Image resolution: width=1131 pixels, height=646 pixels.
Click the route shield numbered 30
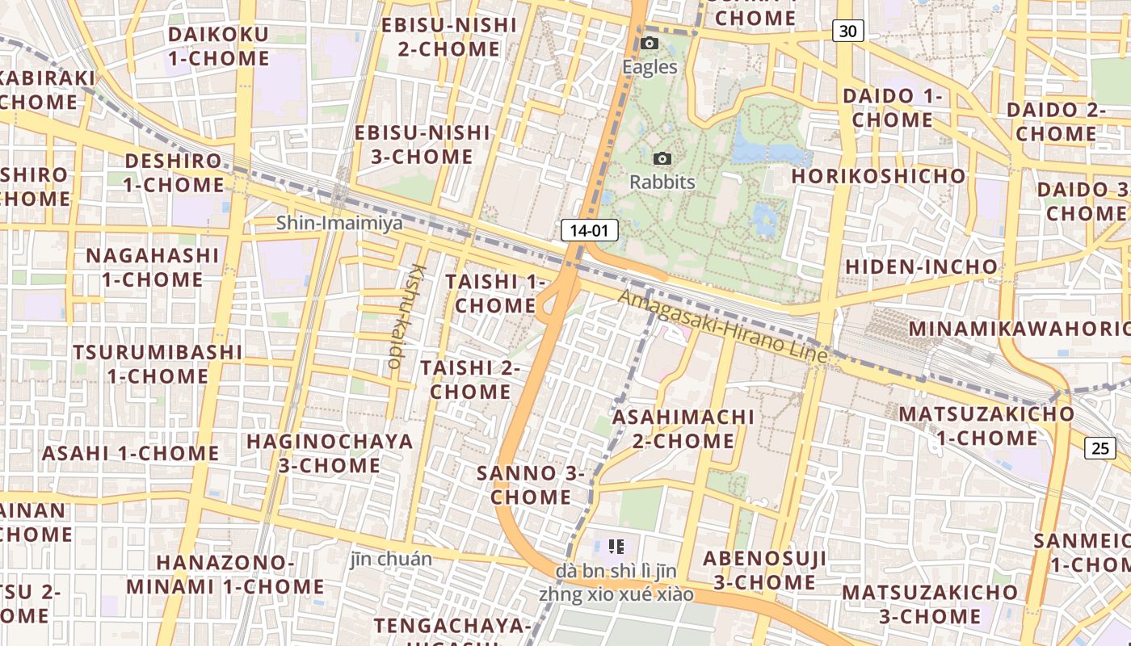(x=847, y=31)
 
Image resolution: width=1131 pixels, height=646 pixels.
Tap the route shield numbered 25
(x=1100, y=448)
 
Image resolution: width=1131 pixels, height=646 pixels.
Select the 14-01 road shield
(x=589, y=231)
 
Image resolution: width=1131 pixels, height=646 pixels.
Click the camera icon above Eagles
(x=650, y=44)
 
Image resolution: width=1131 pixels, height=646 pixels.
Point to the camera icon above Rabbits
(x=662, y=159)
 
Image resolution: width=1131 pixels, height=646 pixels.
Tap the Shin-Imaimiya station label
(x=339, y=223)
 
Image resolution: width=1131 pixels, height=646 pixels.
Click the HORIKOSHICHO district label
(x=878, y=176)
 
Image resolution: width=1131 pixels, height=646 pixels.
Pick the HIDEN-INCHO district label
(x=921, y=266)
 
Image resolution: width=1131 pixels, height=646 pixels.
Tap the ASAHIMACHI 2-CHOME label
(x=683, y=429)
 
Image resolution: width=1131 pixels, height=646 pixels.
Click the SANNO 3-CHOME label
(x=531, y=484)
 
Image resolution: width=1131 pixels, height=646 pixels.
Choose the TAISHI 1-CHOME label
(x=495, y=293)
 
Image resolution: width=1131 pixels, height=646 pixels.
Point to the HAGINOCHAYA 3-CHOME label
(x=330, y=453)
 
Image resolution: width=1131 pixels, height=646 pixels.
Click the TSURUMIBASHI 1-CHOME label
(x=158, y=364)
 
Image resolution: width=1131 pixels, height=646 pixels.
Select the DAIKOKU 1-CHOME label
(x=218, y=46)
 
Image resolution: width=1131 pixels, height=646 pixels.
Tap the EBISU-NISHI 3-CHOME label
(x=422, y=144)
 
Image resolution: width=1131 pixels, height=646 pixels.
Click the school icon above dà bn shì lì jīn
(x=617, y=547)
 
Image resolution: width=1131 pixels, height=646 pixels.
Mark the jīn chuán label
(x=391, y=559)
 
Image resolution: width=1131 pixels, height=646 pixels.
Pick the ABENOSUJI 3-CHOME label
(x=764, y=570)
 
